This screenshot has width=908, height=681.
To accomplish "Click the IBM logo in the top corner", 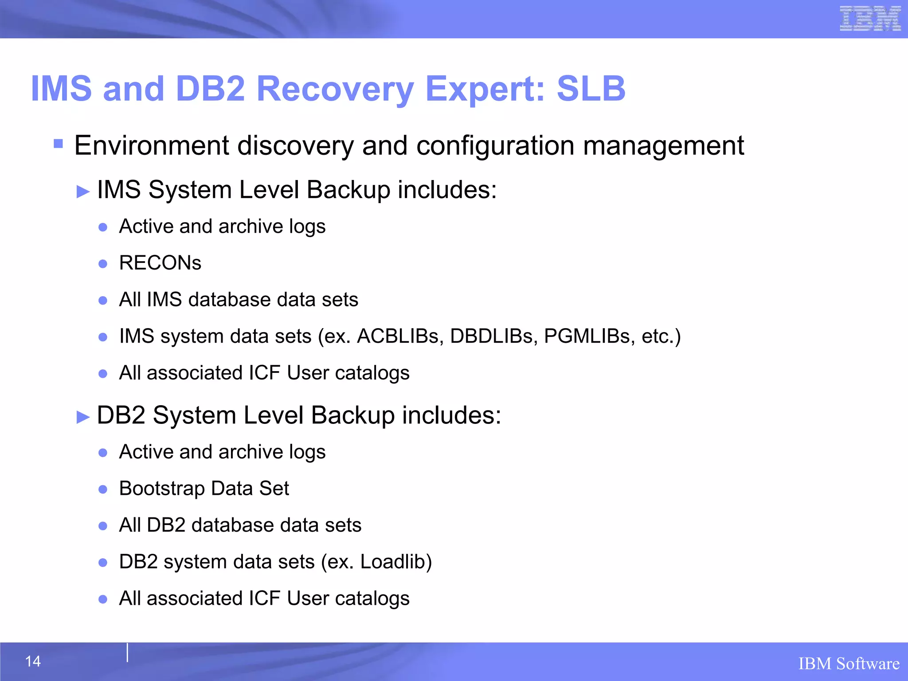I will [870, 19].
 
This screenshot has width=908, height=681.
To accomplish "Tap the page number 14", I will [33, 661].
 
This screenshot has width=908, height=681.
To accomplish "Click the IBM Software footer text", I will [849, 664].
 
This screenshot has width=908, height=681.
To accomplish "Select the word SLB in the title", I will [591, 89].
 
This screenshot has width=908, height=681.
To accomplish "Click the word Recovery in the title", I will [335, 89].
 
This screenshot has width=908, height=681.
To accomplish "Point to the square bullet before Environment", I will [58, 144].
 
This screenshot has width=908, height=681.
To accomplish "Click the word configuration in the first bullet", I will [495, 145].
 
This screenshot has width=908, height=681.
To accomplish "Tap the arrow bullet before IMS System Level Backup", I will [83, 192].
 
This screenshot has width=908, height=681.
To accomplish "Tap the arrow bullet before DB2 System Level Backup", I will [83, 417].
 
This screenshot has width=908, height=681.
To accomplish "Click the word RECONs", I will [160, 263].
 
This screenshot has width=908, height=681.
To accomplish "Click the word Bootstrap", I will [162, 489].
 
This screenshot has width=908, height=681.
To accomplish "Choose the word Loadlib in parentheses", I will [393, 562].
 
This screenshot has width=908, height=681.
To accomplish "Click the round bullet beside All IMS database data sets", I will [103, 301].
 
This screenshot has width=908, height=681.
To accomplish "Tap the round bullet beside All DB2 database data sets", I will [103, 526].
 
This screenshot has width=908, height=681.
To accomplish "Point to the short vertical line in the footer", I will [127, 653].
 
